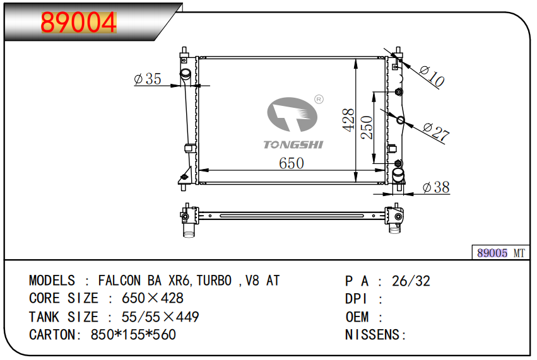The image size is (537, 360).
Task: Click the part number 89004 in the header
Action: tap(79, 23)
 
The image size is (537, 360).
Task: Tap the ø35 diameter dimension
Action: tap(148, 79)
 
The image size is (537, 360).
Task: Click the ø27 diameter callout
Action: tap(436, 132)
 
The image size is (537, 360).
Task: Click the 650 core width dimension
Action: tap(292, 163)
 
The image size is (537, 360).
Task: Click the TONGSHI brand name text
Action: tap(293, 145)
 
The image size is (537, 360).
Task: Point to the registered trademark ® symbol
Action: tap(319, 99)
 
